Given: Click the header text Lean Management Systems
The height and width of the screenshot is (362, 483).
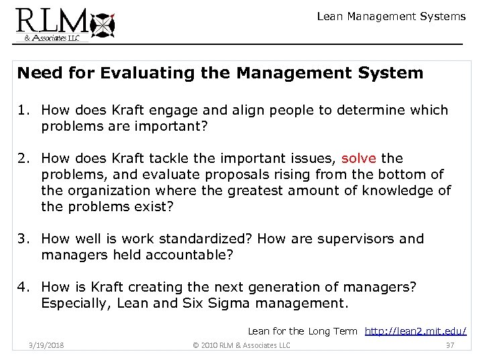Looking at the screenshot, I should pos(391,16).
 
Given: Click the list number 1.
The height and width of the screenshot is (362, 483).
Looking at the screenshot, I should pos(24,109).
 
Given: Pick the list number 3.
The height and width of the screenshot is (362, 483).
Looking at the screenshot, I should pos(24,239).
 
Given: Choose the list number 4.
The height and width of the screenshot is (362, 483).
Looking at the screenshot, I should pos(24,286).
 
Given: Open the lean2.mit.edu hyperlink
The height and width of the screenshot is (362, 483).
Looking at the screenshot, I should pos(417,330).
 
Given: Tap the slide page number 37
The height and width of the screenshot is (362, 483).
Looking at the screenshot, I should pos(449,345).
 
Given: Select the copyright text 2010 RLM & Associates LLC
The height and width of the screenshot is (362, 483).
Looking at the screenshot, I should pos(241,345).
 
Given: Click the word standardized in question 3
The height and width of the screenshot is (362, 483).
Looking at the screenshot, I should pos(210,239).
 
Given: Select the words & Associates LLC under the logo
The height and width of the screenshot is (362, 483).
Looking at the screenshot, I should pos(52,39).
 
